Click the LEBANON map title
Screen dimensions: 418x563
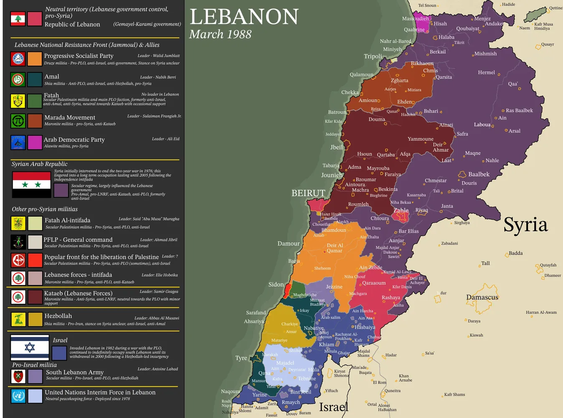[x=244, y=17]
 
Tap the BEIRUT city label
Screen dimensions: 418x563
[x=308, y=193]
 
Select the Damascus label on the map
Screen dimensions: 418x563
[x=482, y=297]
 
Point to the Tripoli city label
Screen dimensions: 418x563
[x=373, y=56]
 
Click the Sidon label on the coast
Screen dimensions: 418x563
[x=276, y=285]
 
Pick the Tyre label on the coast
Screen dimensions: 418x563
[x=241, y=358]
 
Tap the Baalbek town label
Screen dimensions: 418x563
[x=479, y=174]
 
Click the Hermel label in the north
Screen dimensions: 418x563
[x=486, y=72]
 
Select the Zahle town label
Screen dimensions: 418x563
[x=401, y=210]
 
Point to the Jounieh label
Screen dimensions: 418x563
[x=332, y=175]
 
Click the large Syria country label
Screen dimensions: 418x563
[x=525, y=225]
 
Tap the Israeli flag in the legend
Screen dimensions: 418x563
[x=30, y=347]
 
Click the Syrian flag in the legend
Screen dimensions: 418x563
[x=32, y=184]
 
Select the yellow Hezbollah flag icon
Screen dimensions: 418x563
[x=18, y=319]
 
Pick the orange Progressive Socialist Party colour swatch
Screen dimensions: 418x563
[x=35, y=59]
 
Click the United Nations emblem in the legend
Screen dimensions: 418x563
[x=18, y=396]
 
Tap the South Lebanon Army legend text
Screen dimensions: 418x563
[x=74, y=372]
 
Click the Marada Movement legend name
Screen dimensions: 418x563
[x=70, y=118]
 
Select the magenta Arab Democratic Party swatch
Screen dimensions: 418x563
[x=35, y=143]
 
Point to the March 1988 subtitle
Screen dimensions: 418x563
[x=220, y=34]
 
